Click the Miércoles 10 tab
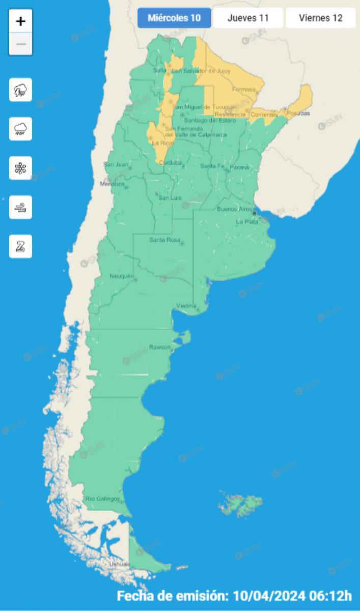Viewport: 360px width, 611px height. [x=174, y=18]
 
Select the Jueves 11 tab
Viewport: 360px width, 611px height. [x=248, y=18]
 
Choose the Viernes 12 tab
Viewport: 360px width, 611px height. [x=320, y=18]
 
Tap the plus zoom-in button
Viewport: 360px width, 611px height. [x=21, y=21]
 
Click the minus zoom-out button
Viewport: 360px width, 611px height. [x=21, y=44]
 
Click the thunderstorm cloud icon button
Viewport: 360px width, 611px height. [x=21, y=90]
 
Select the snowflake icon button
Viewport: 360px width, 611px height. [x=21, y=168]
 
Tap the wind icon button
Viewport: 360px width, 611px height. [x=21, y=207]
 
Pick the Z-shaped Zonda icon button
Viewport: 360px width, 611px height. [x=21, y=246]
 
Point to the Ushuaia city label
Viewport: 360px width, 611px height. [x=120, y=564]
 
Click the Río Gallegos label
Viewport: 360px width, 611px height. [x=102, y=498]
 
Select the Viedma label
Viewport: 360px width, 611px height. [x=186, y=305]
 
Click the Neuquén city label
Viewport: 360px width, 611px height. [x=121, y=276]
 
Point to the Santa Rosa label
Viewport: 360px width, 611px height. [x=163, y=240]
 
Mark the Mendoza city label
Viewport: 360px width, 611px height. [x=112, y=184]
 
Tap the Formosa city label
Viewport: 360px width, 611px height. [x=243, y=90]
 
